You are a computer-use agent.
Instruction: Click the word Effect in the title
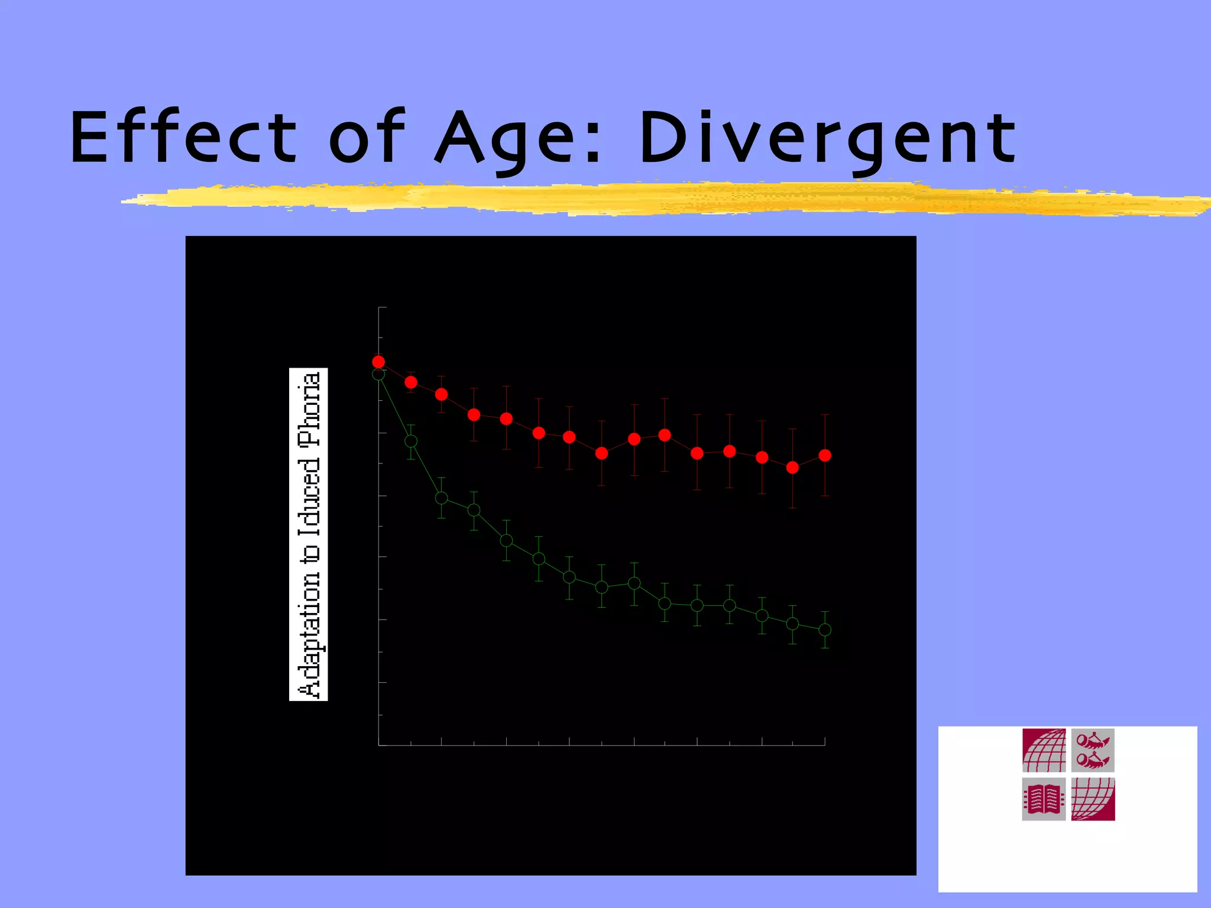tap(183, 137)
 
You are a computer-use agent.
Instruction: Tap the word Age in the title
tap(503, 140)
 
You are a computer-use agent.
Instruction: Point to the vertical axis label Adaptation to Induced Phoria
tap(309, 534)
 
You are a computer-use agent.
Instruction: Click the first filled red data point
tap(378, 362)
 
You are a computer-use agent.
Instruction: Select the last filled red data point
tap(825, 455)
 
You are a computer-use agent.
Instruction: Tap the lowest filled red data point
tap(792, 468)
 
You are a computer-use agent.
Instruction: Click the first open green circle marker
tap(378, 374)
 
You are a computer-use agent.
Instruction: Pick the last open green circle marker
tap(825, 630)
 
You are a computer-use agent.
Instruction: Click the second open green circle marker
tap(411, 441)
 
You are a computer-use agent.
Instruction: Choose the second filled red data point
tap(411, 382)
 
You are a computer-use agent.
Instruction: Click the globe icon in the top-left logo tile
tap(1044, 750)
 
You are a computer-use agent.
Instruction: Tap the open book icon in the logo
tap(1044, 799)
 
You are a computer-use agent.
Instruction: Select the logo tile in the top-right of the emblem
tap(1093, 750)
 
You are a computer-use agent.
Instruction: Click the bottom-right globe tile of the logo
tap(1093, 799)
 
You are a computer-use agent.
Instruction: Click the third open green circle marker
tap(441, 498)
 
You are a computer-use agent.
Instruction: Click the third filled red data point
tap(441, 394)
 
